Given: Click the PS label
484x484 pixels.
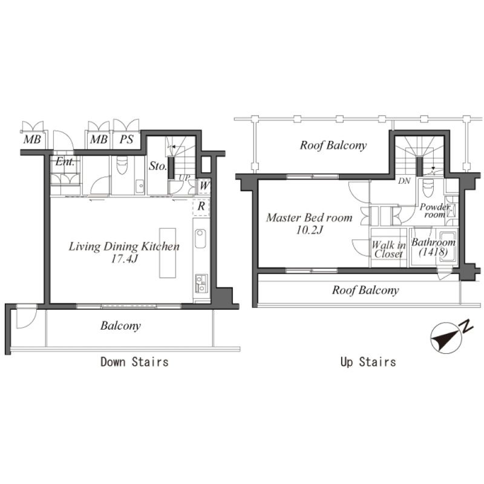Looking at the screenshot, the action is pos(126,140).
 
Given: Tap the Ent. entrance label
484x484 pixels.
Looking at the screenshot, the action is pos(65,162).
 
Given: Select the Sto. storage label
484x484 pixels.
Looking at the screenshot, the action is pos(158,166).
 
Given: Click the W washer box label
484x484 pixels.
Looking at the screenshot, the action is pos(204,186).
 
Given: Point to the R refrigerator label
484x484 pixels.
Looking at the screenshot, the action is pos(201,206).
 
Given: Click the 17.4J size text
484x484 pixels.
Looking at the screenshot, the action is pos(124,259).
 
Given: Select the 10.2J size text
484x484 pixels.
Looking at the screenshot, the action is pos(309,230).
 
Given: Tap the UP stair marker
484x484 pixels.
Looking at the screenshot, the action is pos(185,177).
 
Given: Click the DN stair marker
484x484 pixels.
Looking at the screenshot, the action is pos(404,181).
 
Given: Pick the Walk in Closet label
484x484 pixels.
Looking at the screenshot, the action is pos(388,250).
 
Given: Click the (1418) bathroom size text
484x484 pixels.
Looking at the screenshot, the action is pos(433,252).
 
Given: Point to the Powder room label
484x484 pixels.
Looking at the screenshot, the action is pos(434,210).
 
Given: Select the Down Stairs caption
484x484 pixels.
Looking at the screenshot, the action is pos(134,362).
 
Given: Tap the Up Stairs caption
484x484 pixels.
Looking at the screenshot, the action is pos(368,362).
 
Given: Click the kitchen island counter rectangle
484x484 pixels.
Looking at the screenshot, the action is pos(168,253).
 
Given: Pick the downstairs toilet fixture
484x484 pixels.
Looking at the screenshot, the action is pos(122,165).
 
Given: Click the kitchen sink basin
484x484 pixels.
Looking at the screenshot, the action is pos(200,238).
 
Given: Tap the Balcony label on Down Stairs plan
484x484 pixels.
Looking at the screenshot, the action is pos(120,325).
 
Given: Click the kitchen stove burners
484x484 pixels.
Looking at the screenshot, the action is pos(201,284).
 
